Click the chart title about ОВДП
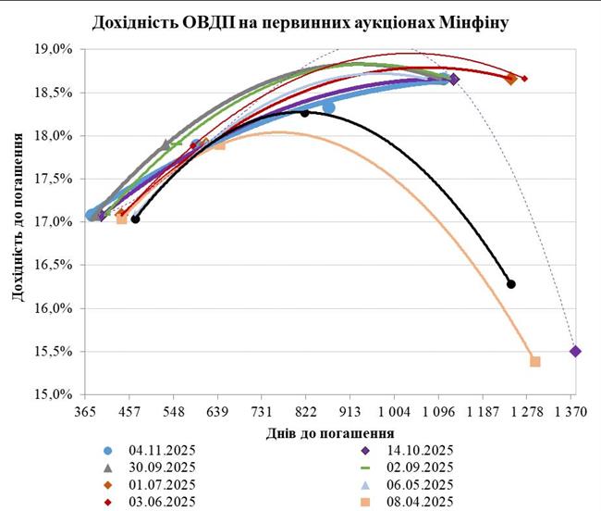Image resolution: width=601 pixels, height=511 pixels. point(300,20)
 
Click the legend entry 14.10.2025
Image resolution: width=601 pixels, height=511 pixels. point(416,451)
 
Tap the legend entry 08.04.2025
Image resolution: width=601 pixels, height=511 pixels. point(416,502)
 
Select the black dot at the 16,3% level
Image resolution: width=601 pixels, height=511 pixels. point(511,284)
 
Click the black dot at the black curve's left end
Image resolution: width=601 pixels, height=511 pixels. point(135,219)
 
